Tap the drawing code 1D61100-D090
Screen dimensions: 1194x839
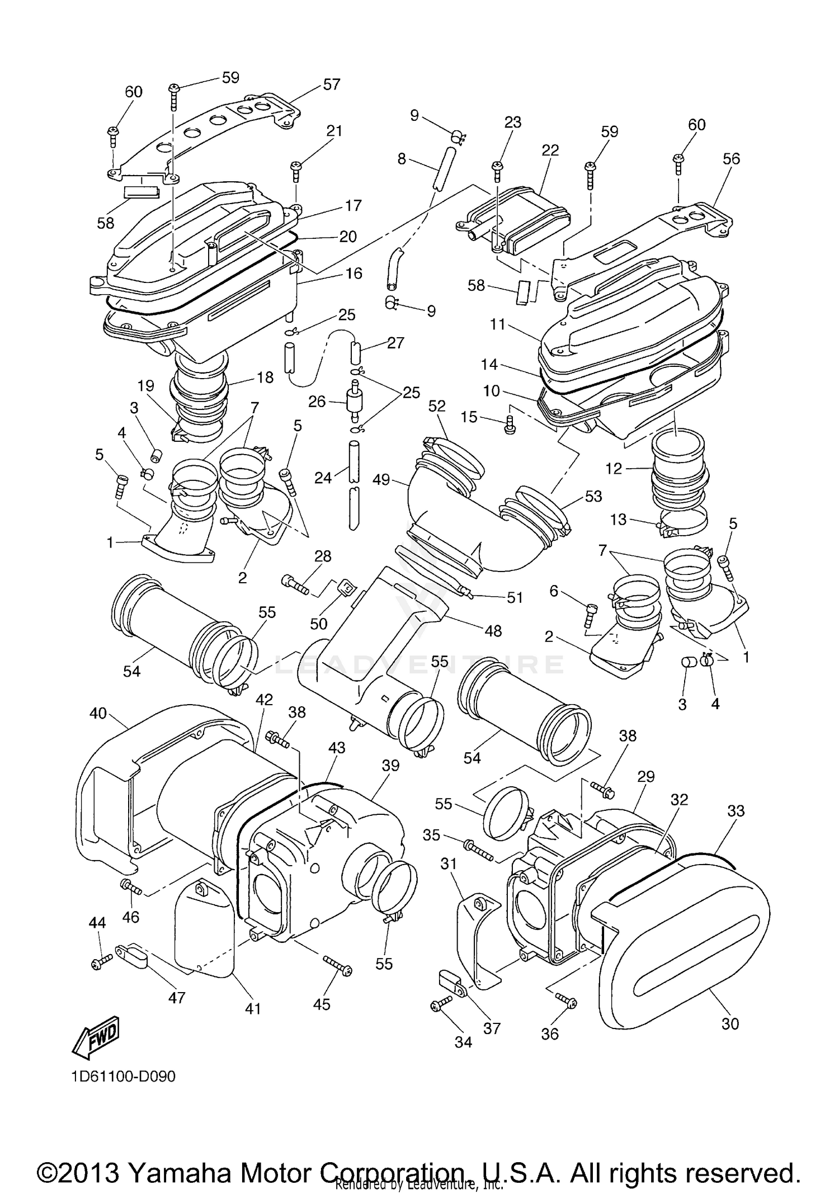123,1076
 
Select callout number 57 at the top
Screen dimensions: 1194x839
331,84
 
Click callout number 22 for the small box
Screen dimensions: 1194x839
550,150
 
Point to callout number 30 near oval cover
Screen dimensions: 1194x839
730,1023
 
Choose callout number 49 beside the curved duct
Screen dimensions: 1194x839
381,480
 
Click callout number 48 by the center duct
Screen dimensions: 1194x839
492,631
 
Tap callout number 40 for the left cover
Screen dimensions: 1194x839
98,714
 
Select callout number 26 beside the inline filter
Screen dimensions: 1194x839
317,402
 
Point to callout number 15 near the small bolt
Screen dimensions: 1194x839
469,417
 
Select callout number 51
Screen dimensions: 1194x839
514,598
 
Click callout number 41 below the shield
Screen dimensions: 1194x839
253,1008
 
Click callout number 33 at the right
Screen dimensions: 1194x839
736,810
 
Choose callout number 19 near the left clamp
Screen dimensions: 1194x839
145,386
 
